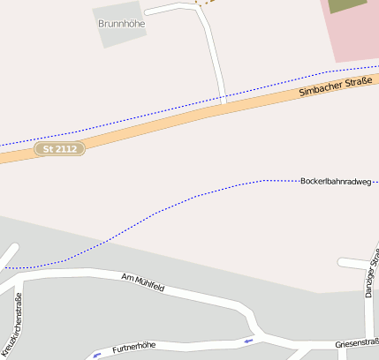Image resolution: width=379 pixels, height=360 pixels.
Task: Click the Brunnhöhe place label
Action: (x=122, y=24)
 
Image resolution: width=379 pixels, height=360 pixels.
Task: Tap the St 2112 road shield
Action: (x=60, y=149)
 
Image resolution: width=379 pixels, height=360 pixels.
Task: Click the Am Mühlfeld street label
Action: (x=143, y=282)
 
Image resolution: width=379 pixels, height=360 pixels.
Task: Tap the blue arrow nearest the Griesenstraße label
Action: (x=248, y=340)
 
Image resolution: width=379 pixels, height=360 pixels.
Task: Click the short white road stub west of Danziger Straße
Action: (x=352, y=262)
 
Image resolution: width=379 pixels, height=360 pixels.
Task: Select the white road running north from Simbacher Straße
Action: (x=212, y=53)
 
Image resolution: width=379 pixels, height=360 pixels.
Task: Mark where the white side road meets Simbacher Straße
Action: (x=224, y=103)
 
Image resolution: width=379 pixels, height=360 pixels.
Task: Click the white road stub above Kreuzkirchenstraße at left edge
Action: (x=7, y=257)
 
